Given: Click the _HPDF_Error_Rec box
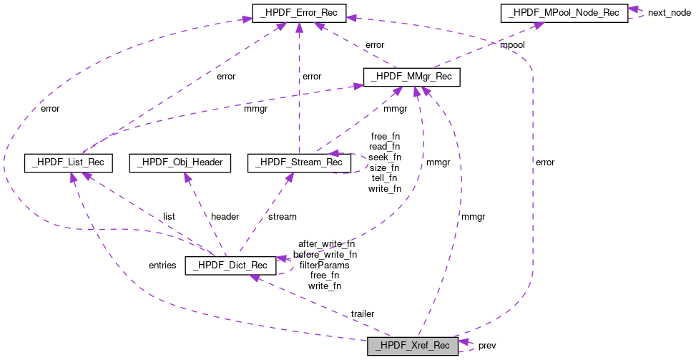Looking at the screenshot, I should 299,12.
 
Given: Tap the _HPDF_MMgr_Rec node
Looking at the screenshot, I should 411,77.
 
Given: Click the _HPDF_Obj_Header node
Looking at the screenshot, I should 180,163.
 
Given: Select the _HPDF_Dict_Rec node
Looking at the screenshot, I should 230,266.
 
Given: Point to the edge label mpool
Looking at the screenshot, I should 512,45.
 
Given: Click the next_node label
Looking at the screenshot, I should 669,13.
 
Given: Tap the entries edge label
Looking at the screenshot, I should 162,265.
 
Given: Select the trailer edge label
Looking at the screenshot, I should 362,313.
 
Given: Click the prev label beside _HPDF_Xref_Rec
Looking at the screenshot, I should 487,346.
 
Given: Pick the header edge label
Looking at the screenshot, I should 225,216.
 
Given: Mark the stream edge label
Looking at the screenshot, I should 282,216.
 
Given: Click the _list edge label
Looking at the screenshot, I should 168,216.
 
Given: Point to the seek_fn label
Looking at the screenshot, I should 384,157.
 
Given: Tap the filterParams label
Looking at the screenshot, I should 324,265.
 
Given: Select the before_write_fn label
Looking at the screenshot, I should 325,254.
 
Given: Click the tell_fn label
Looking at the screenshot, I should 384,178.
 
